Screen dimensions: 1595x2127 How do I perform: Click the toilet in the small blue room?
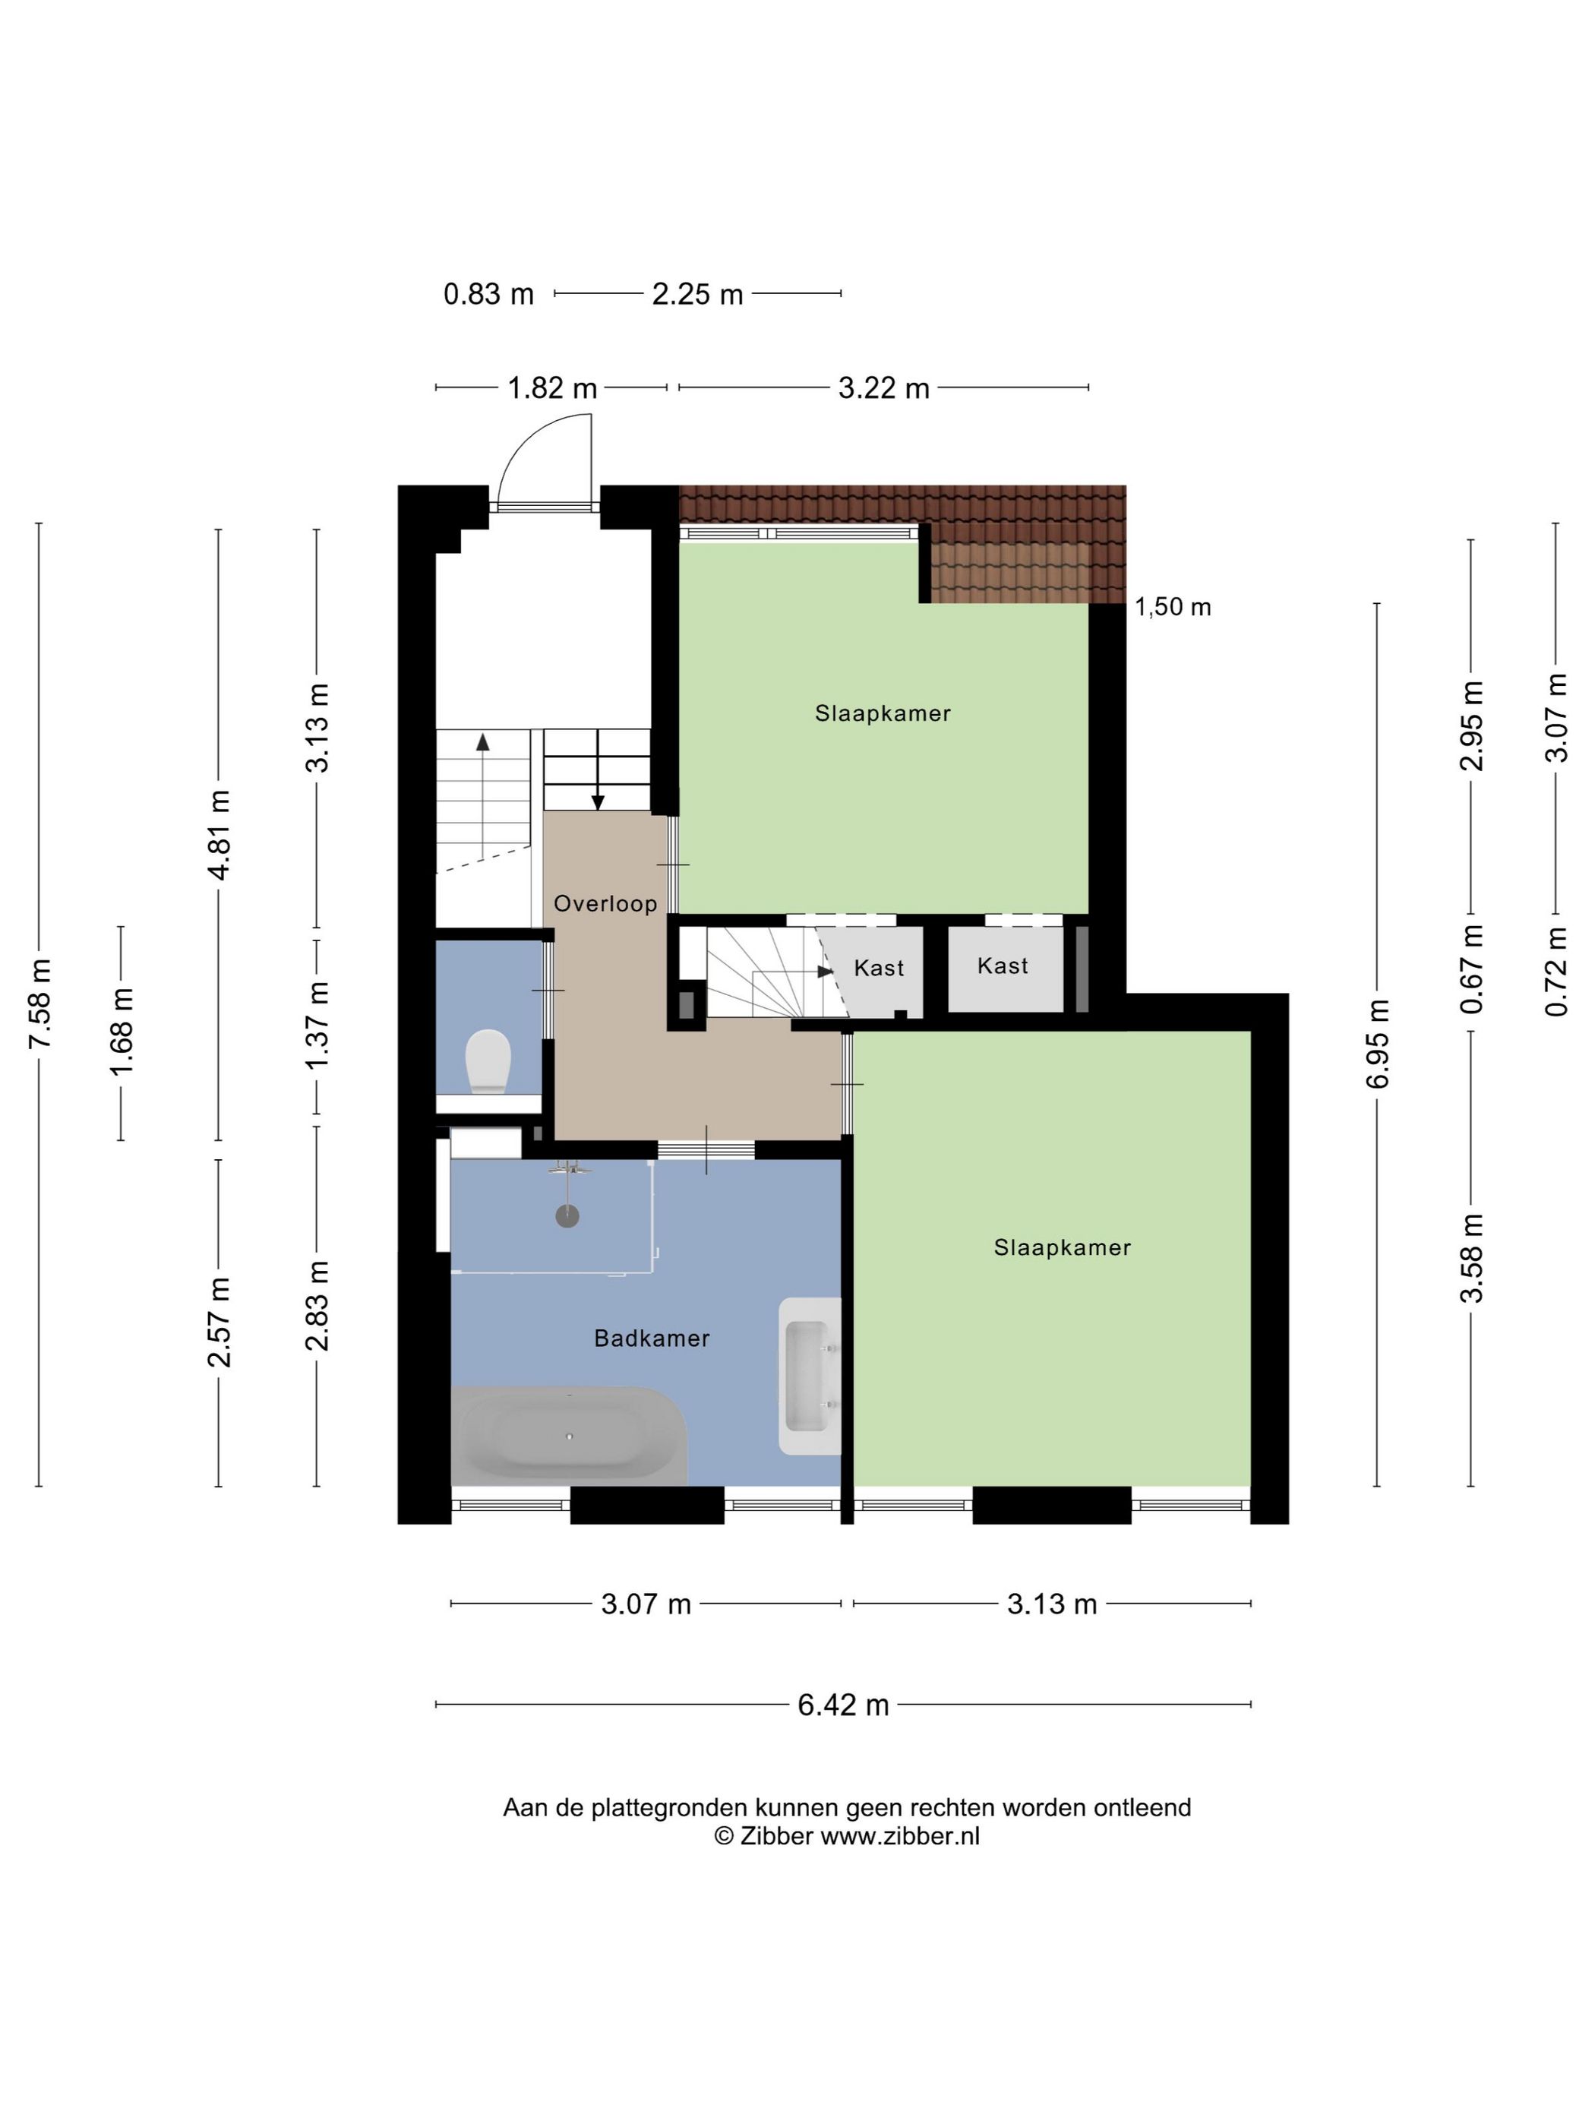click(x=488, y=1060)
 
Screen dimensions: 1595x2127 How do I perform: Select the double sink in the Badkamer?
click(x=810, y=1376)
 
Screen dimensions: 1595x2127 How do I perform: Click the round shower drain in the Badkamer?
click(x=568, y=1216)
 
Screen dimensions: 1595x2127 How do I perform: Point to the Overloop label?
click(x=605, y=903)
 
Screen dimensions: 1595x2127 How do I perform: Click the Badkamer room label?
click(x=652, y=1338)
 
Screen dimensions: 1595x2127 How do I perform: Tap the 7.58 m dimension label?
click(x=39, y=1004)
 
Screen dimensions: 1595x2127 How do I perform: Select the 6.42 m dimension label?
click(x=843, y=1705)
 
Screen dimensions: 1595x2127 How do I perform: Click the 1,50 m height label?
click(x=1173, y=607)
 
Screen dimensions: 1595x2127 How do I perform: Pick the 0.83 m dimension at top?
click(x=488, y=294)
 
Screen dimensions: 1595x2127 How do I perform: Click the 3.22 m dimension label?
click(x=883, y=388)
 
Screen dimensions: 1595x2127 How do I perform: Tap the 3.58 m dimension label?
click(x=1471, y=1258)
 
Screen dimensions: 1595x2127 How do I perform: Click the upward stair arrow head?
click(x=482, y=741)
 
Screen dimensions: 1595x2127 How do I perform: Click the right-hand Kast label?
click(x=1003, y=966)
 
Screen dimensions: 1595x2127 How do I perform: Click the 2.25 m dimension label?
click(x=698, y=294)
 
